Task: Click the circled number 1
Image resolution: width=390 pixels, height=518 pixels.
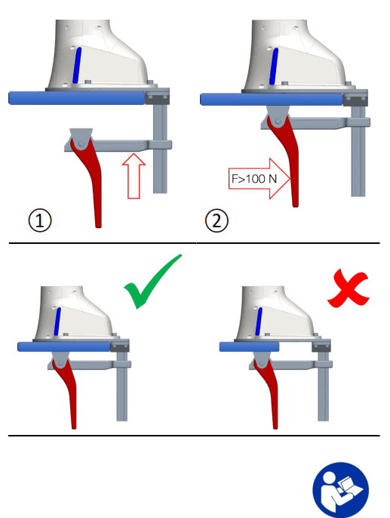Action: (x=41, y=220)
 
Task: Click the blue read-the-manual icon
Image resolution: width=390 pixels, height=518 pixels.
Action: (x=341, y=490)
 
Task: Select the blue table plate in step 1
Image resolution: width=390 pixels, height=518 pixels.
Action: (x=75, y=97)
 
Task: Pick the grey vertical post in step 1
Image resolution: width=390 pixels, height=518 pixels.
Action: (x=159, y=151)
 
